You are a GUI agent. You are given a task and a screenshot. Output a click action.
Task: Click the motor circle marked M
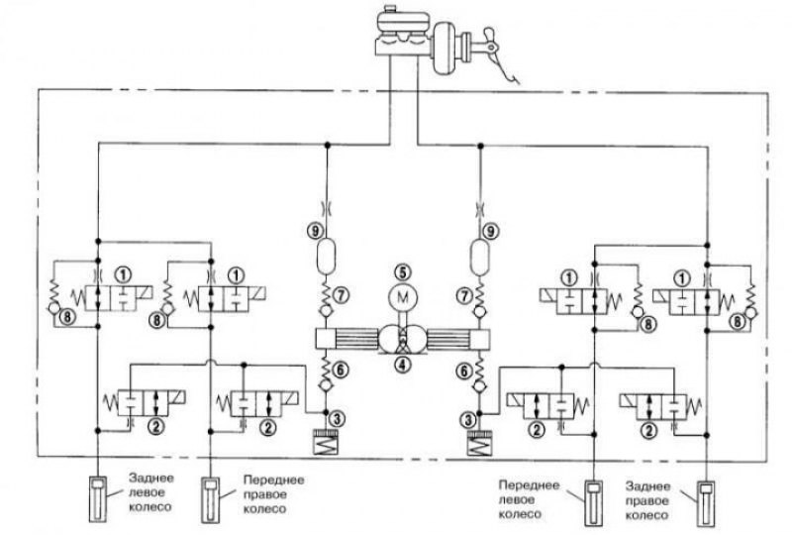tap(403, 297)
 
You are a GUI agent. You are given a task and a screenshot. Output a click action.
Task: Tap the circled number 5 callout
tap(403, 272)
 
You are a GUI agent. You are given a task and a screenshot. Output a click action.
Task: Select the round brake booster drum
tap(447, 47)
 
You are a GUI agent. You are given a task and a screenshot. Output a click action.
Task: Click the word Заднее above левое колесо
tap(151, 478)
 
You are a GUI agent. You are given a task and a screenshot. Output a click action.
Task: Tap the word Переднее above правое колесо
tap(274, 480)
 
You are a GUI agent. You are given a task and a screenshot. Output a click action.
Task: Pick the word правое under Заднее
tap(647, 501)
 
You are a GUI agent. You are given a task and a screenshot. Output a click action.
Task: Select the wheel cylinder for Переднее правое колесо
tap(210, 499)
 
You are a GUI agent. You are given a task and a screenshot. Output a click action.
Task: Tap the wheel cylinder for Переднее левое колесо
tap(593, 503)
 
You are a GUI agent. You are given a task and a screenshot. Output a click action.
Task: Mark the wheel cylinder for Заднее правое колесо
tap(706, 503)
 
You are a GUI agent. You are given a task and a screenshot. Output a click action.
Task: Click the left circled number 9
tap(314, 231)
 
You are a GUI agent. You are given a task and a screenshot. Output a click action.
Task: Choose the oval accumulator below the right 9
tap(479, 258)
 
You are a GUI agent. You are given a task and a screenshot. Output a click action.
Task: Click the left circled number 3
tap(337, 419)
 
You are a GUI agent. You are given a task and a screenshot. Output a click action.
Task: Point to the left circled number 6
tap(341, 371)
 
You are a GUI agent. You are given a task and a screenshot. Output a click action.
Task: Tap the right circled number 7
tap(464, 295)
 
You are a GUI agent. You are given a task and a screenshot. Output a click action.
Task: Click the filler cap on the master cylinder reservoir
tap(390, 9)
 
